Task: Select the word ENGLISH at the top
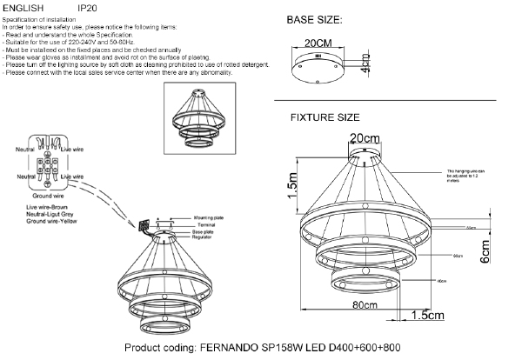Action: coord(23,7)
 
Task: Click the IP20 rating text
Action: coord(87,7)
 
